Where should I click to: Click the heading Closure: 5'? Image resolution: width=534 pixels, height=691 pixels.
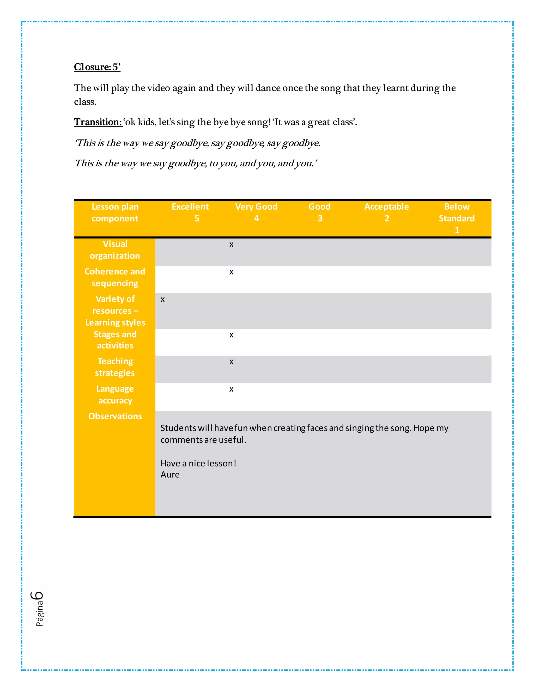(97, 67)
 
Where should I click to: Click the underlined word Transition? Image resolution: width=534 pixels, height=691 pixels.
(98, 122)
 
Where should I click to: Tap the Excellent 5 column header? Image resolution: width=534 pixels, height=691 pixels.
(190, 212)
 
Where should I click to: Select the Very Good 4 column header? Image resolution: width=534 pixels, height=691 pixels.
(256, 212)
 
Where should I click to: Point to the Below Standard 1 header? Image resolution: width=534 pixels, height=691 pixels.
(457, 218)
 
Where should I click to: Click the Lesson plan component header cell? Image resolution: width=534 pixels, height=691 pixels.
(115, 212)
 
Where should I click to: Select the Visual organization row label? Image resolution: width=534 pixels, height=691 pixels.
(115, 250)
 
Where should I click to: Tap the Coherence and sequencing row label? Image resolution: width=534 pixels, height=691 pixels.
(115, 277)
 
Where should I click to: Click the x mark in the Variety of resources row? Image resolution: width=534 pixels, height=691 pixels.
(163, 300)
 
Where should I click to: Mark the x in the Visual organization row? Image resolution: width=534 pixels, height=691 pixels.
(231, 245)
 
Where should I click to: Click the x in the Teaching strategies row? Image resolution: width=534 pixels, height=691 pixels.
(231, 362)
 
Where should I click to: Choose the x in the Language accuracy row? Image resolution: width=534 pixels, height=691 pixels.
(231, 390)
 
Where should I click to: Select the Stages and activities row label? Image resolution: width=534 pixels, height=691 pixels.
(115, 340)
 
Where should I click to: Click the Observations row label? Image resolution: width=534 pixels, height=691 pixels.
(115, 416)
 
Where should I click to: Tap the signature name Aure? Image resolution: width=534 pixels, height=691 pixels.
(170, 475)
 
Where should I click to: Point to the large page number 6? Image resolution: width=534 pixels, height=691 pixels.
(37, 596)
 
